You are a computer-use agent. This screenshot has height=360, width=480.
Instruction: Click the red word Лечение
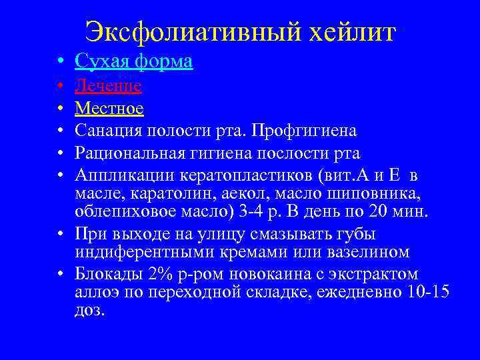tap(108, 85)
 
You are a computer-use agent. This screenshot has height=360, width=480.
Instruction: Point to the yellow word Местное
tap(109, 108)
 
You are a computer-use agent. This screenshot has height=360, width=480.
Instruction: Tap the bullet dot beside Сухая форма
tap(60, 63)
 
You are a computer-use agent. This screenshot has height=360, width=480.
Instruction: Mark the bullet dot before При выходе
tap(60, 235)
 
